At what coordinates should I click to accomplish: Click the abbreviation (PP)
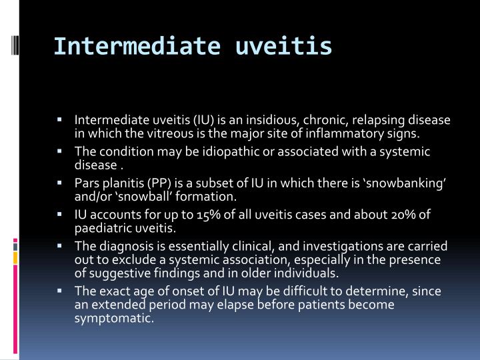click(170, 183)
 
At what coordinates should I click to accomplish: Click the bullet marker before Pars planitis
click(79, 182)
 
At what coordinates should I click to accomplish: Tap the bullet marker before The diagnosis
click(79, 245)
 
